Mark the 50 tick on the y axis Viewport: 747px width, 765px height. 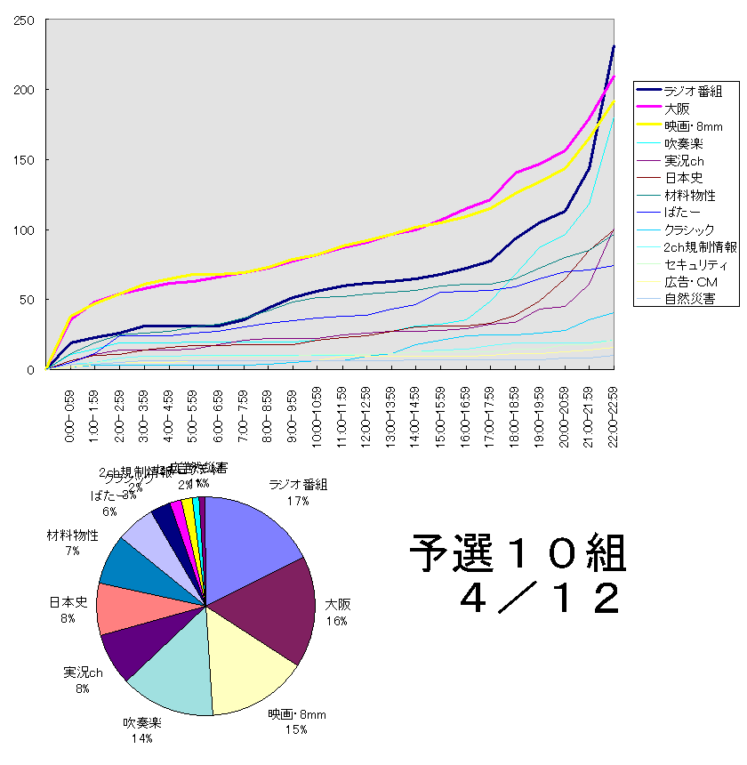[27, 299]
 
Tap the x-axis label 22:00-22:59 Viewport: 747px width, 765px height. [614, 416]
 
